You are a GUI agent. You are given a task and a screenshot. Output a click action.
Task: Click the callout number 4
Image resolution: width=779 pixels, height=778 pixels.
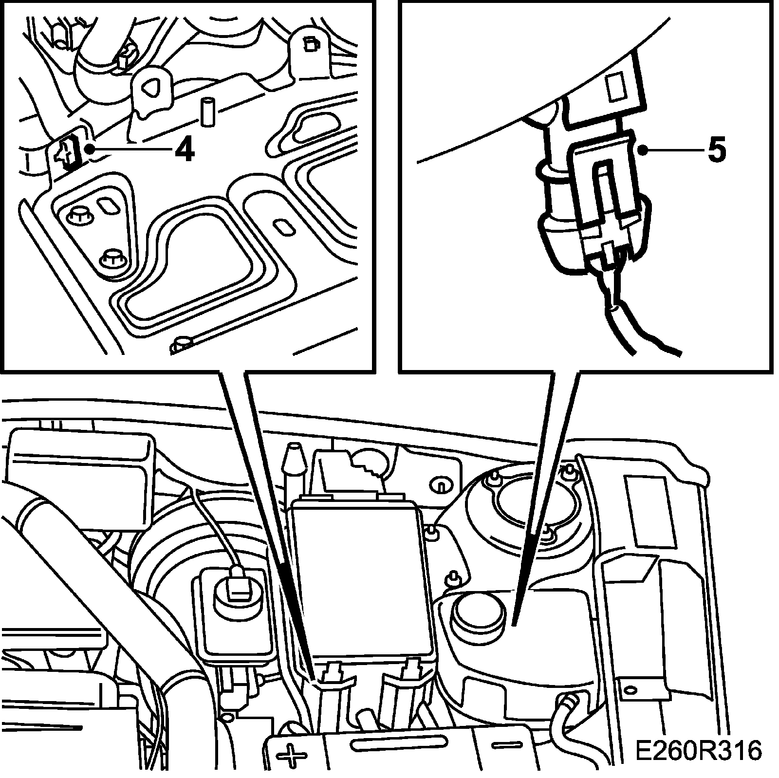tap(184, 151)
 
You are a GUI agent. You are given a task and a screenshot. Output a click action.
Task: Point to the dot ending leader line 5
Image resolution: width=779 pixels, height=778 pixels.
tap(644, 151)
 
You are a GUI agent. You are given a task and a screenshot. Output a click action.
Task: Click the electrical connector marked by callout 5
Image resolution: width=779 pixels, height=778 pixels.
tap(606, 195)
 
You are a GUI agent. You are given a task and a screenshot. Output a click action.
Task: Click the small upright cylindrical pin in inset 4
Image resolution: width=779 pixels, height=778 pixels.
tap(208, 111)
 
